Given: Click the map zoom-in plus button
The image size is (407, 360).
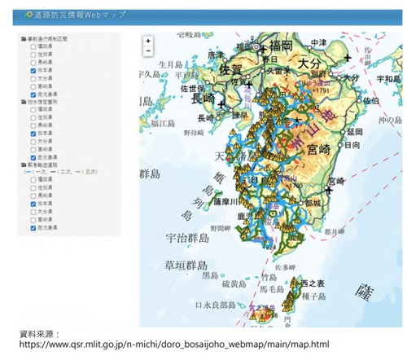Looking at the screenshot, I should click(148, 40).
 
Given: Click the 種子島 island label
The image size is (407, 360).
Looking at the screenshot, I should click(312, 296).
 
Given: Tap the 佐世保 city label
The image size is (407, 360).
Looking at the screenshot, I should click(192, 89).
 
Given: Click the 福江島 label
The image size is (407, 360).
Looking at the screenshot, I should click(162, 123).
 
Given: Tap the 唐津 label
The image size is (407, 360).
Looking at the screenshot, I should click(216, 55).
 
